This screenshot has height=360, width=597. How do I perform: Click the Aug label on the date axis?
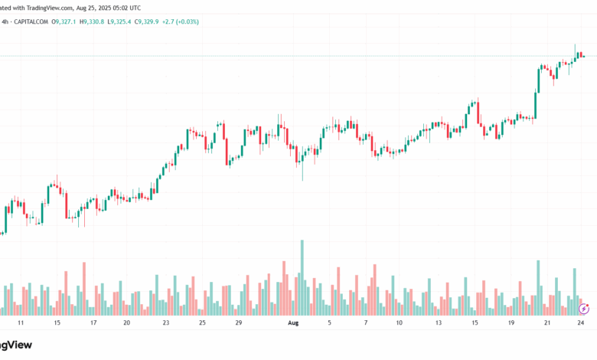[x=292, y=323]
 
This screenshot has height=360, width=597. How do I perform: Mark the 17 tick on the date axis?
[x=93, y=323]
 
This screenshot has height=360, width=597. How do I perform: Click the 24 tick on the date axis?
[x=581, y=323]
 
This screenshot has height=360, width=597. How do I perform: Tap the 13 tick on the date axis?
[x=439, y=323]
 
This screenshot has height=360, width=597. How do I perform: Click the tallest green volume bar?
[x=302, y=277]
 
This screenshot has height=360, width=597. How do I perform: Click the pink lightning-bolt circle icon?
[x=584, y=309]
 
